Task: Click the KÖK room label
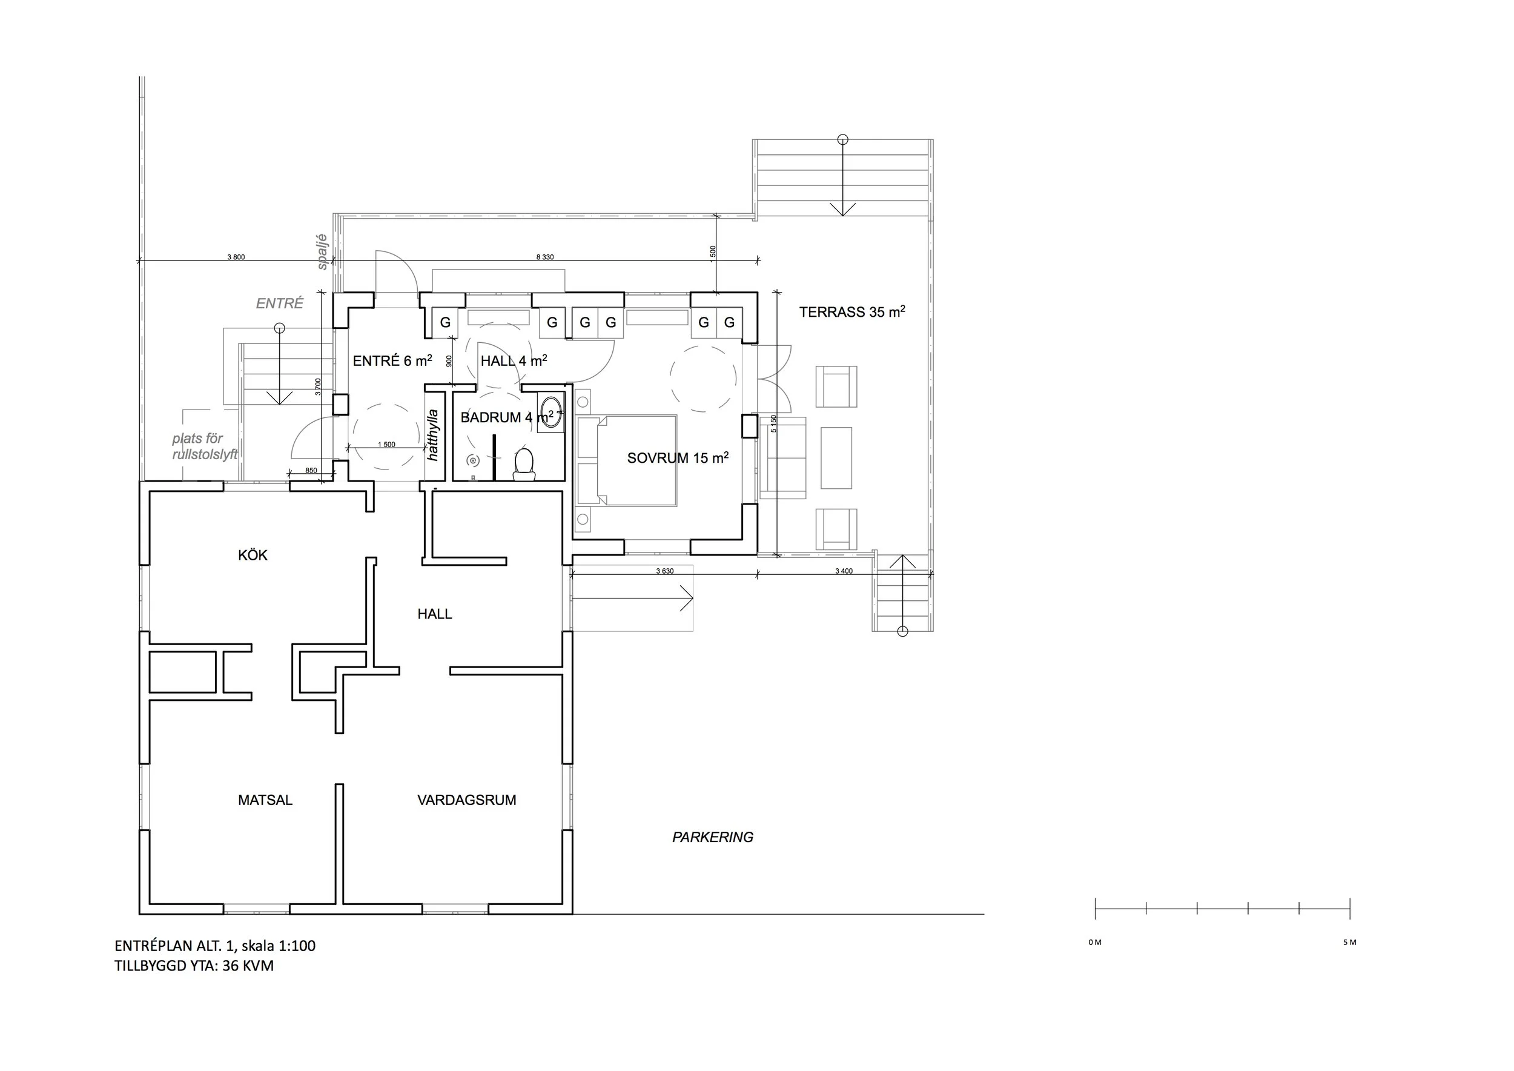click(x=253, y=555)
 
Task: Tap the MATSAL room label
click(x=265, y=800)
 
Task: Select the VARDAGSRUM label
click(x=467, y=800)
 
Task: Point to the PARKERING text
click(x=713, y=837)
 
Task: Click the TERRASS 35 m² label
click(x=852, y=311)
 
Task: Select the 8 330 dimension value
click(x=544, y=257)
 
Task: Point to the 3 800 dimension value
click(x=236, y=257)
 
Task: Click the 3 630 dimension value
click(x=665, y=571)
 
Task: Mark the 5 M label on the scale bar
click(x=1350, y=943)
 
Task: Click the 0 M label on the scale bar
click(x=1096, y=943)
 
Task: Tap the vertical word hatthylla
click(x=433, y=436)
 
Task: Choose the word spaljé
click(x=322, y=252)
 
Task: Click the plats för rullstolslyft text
click(x=205, y=446)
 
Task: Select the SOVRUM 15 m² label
click(x=678, y=458)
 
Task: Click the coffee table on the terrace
click(x=836, y=458)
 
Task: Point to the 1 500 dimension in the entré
click(x=386, y=445)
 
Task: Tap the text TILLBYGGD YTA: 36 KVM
click(x=194, y=966)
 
